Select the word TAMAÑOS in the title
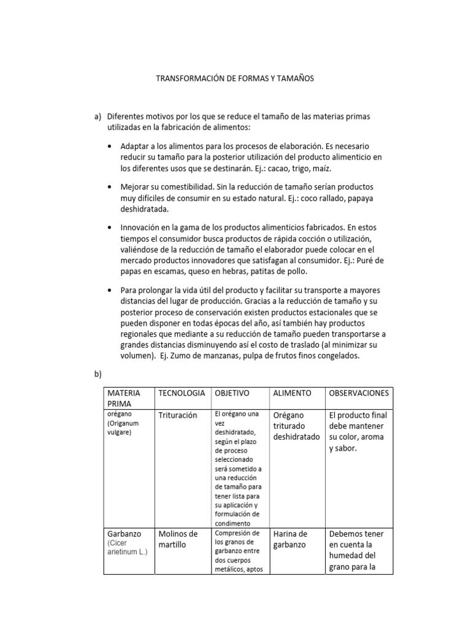pyautogui.click(x=292, y=79)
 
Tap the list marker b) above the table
pyautogui.click(x=96, y=373)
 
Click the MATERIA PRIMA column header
pyautogui.click(x=124, y=398)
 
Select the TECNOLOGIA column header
pyautogui.click(x=181, y=392)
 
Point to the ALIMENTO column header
pyautogui.click(x=292, y=392)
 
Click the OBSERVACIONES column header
pyautogui.click(x=359, y=392)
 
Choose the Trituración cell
pyautogui.click(x=178, y=415)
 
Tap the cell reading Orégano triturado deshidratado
pyautogui.click(x=296, y=426)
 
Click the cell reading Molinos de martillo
pyautogui.click(x=178, y=539)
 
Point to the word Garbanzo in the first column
pyautogui.click(x=124, y=534)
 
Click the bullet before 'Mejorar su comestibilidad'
pyautogui.click(x=109, y=186)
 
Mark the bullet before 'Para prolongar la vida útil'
pyautogui.click(x=109, y=289)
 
